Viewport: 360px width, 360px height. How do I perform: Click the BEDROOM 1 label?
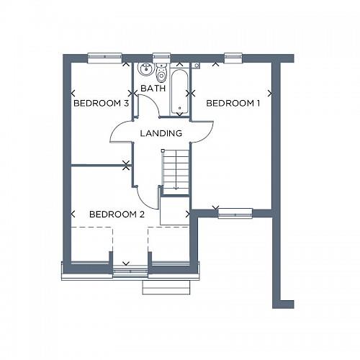(233, 104)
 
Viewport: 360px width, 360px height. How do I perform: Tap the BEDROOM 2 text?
(117, 215)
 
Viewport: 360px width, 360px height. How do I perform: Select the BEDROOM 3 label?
(101, 104)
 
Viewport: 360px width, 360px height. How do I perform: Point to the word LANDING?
(161, 133)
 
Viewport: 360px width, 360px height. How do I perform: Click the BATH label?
(153, 89)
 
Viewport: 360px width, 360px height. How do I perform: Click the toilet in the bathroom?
(161, 74)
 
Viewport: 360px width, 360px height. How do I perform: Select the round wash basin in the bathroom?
(145, 70)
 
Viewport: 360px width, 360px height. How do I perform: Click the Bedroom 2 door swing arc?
(148, 194)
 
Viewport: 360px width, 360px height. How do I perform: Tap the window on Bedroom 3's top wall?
(104, 57)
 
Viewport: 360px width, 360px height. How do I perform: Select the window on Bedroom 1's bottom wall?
(235, 212)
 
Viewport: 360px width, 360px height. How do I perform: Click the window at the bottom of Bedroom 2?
(130, 271)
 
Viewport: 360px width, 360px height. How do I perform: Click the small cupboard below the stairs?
(174, 212)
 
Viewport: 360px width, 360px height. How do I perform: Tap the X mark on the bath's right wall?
(190, 92)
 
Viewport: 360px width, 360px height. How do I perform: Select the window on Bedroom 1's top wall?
(233, 57)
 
